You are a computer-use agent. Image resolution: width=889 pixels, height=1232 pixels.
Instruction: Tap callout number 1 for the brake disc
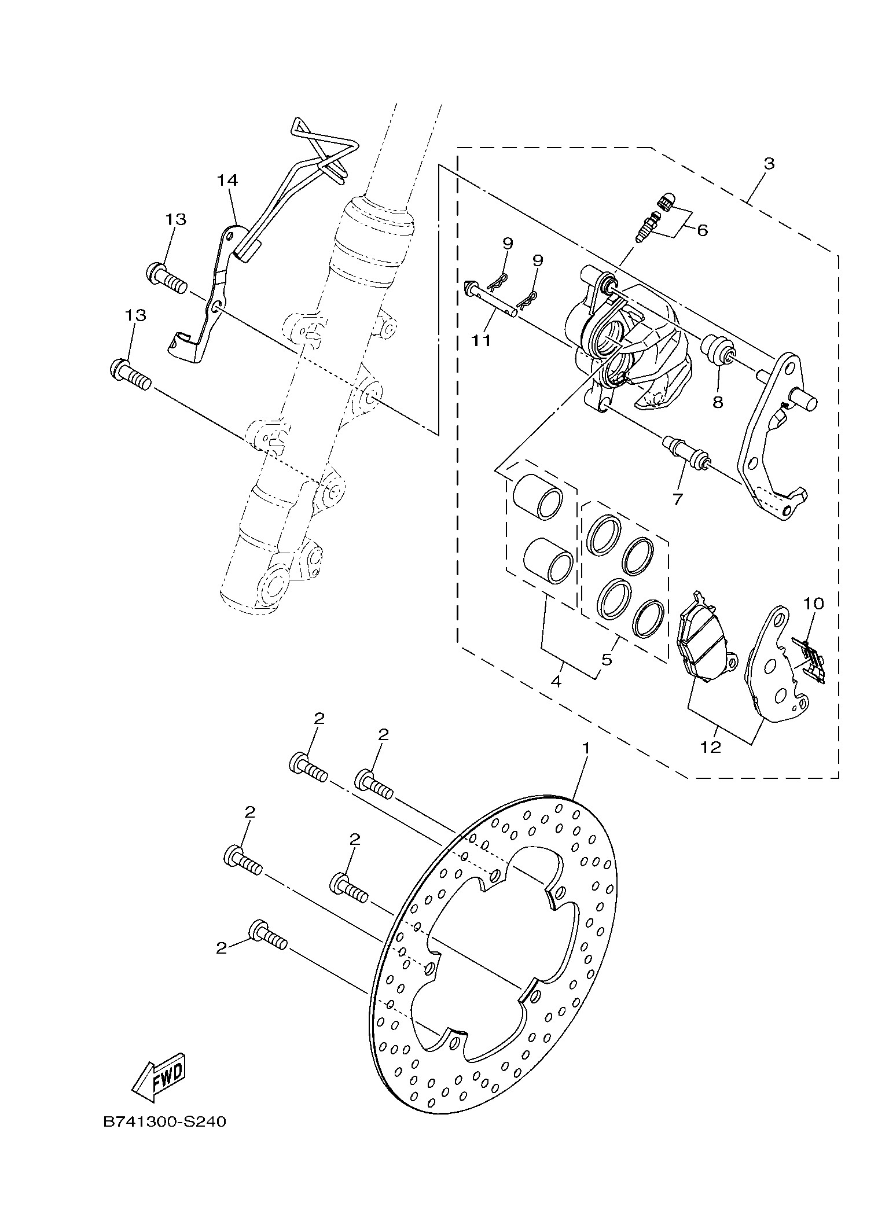586,749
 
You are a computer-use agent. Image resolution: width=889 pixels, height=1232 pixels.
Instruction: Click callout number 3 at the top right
768,163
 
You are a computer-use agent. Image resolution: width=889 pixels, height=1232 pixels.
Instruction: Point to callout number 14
227,180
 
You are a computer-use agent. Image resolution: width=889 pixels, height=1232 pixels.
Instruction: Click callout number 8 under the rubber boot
718,402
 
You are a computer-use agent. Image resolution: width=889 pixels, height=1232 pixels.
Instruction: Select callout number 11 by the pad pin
481,340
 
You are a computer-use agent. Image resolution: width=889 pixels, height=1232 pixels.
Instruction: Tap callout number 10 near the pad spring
813,604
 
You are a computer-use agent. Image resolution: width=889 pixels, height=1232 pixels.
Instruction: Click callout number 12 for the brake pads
711,747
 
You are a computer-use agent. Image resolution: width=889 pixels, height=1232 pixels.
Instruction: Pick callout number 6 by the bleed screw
702,230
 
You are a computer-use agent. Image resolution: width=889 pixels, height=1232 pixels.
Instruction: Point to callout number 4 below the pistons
556,681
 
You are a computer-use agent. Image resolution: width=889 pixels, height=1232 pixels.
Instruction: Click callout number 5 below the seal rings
607,659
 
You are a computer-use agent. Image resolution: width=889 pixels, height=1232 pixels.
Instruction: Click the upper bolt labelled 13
167,279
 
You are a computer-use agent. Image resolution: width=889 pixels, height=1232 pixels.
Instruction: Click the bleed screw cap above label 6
666,203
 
